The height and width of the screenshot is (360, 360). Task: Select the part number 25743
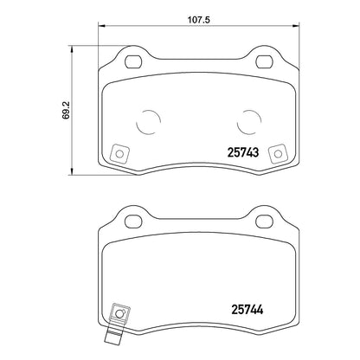tap(243, 152)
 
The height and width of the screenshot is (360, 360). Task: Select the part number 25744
tap(247, 310)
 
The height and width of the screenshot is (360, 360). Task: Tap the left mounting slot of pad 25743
tap(133, 61)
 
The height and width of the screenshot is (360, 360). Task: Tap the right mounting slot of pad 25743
tap(265, 61)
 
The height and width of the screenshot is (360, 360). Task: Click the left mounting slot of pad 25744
tap(133, 222)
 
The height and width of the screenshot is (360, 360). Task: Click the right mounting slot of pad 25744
tap(264, 222)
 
